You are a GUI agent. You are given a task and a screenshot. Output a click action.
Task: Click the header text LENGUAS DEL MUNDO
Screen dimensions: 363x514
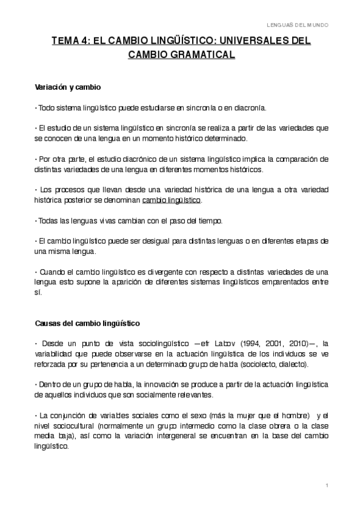298,25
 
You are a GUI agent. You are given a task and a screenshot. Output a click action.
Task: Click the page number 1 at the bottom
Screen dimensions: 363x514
326,486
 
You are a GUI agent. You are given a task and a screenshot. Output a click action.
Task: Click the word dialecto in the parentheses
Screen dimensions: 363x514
295,364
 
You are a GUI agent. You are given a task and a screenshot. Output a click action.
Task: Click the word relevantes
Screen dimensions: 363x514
195,395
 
